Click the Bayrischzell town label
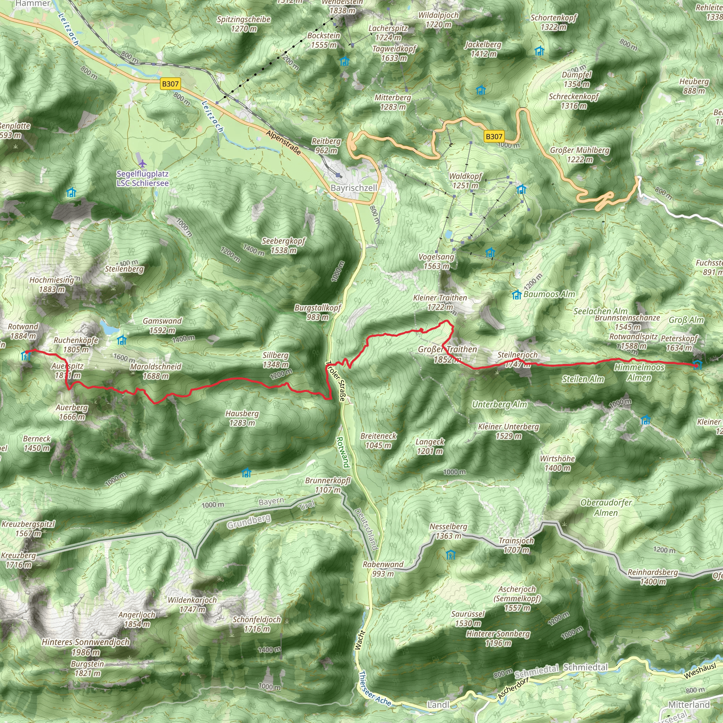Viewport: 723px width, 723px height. (354, 188)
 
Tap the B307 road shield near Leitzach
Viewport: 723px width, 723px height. (170, 84)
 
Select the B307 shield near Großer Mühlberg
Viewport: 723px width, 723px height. (494, 136)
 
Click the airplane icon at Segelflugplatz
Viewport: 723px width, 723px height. (142, 163)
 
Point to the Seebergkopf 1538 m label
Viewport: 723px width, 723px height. (283, 245)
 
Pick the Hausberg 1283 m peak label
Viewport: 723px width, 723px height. (242, 418)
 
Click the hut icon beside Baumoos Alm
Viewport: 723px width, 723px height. (516, 295)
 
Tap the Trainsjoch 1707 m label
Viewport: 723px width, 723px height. (516, 545)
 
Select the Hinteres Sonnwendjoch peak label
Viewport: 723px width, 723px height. (86, 647)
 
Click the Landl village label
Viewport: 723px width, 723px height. (438, 705)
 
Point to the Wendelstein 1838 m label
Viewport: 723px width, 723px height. (342, 6)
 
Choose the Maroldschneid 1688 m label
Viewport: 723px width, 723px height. (156, 371)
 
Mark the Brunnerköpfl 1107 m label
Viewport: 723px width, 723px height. (328, 485)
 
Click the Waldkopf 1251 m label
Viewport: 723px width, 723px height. (465, 181)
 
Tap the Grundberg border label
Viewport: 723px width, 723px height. (249, 521)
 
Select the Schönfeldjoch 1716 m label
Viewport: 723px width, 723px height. (257, 624)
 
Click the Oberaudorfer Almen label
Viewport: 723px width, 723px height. (606, 507)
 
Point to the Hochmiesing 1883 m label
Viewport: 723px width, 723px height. (52, 285)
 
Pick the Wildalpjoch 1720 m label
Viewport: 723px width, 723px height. (438, 20)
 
